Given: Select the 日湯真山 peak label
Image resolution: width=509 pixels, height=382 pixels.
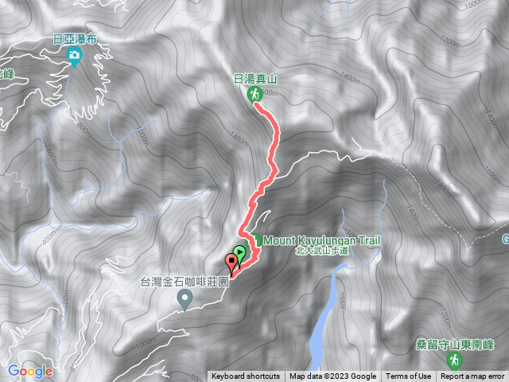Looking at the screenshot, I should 254,79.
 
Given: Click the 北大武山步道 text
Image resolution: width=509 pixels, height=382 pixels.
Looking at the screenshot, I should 323,250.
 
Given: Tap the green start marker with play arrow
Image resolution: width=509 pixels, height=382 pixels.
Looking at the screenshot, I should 240,253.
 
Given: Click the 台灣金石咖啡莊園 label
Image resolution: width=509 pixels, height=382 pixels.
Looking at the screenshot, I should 185,282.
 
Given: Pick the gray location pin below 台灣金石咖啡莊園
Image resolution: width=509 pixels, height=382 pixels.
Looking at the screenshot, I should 186,300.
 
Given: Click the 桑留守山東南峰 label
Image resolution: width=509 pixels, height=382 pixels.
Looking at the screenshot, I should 453,345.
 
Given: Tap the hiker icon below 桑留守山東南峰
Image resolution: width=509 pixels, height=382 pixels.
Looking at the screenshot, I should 453,361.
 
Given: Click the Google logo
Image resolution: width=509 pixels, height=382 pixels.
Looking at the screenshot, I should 30,371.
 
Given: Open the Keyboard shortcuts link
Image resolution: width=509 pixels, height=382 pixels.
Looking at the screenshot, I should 246,376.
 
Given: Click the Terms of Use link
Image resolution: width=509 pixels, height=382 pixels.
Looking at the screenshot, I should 409,376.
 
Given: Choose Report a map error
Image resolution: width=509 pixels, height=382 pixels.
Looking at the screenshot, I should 472,376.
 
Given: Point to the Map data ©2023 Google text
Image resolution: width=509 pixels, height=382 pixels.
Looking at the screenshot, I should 332,376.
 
